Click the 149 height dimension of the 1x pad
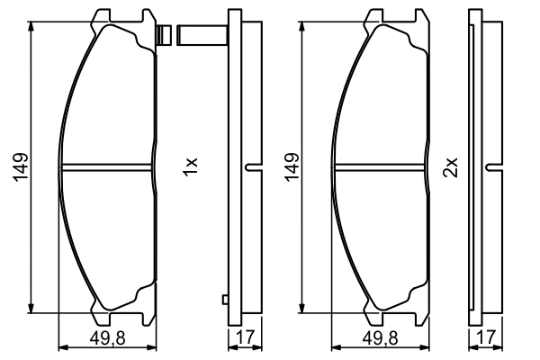pyautogui.click(x=21, y=167)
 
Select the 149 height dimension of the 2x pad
pyautogui.click(x=292, y=167)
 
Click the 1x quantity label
pyautogui.click(x=189, y=166)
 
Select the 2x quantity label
pyautogui.click(x=453, y=166)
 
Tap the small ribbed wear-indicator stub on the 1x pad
pyautogui.click(x=164, y=37)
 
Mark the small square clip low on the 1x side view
pyautogui.click(x=226, y=301)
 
